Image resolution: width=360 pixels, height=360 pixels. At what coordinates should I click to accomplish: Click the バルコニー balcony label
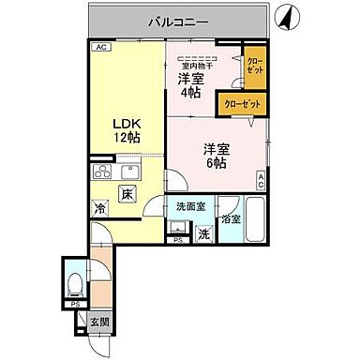[177, 20]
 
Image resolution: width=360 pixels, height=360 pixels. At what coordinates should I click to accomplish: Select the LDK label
[127, 122]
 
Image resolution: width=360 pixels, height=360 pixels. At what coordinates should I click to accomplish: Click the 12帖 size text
[127, 137]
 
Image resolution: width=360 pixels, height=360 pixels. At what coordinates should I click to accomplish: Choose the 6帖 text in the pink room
[217, 161]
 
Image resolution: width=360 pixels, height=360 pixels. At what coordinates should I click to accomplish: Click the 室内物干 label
[198, 65]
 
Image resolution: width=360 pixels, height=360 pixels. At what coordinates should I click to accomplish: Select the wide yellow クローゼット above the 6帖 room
[241, 103]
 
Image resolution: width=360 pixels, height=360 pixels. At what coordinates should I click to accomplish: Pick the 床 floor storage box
[127, 195]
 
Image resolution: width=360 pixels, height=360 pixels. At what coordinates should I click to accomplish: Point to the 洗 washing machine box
[203, 234]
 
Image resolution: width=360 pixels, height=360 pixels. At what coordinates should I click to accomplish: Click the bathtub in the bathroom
[252, 221]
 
